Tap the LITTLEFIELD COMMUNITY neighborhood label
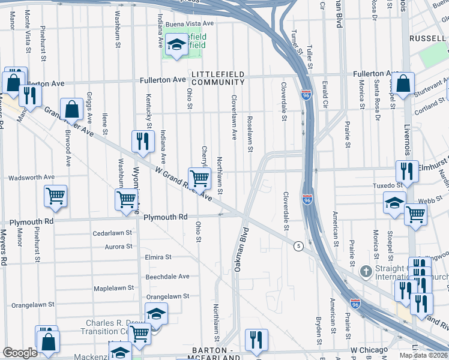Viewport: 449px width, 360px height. pyautogui.click(x=218, y=77)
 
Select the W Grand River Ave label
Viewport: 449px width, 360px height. pyautogui.click(x=183, y=184)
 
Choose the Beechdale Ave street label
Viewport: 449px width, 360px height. pyautogui.click(x=167, y=277)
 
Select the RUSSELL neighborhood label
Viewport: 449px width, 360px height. pyautogui.click(x=427, y=38)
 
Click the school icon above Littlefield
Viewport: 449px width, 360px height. pyautogui.click(x=176, y=44)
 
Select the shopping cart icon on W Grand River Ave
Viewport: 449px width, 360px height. pyautogui.click(x=199, y=177)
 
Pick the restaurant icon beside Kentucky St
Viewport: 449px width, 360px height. pyautogui.click(x=143, y=142)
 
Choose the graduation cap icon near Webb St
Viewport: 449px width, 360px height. pyautogui.click(x=394, y=203)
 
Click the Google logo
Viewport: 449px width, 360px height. pyautogui.click(x=20, y=353)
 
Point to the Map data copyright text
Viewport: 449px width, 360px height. pyautogui.click(x=424, y=355)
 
